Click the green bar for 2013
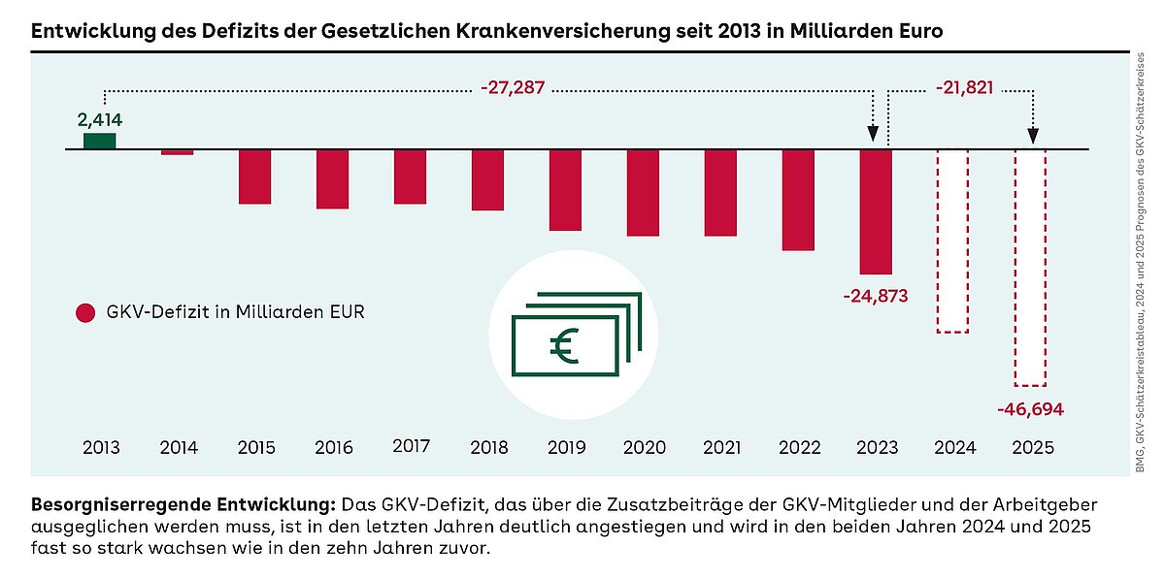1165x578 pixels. tap(100, 141)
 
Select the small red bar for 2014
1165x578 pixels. tap(177, 152)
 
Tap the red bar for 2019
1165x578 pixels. tap(565, 190)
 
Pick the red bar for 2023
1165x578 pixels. tap(876, 211)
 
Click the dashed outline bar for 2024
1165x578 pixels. tap(952, 241)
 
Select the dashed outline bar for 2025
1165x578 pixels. tap(1030, 268)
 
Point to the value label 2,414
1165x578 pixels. tap(100, 120)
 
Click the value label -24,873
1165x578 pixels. tap(876, 296)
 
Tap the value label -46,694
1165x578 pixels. tap(1030, 409)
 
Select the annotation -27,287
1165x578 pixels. tap(513, 88)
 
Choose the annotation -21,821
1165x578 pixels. tap(964, 88)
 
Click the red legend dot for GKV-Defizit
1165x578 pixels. tap(85, 313)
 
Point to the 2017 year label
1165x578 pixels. tap(412, 447)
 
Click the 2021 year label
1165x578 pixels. tap(720, 448)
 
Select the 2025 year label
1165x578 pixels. tap(1031, 448)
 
